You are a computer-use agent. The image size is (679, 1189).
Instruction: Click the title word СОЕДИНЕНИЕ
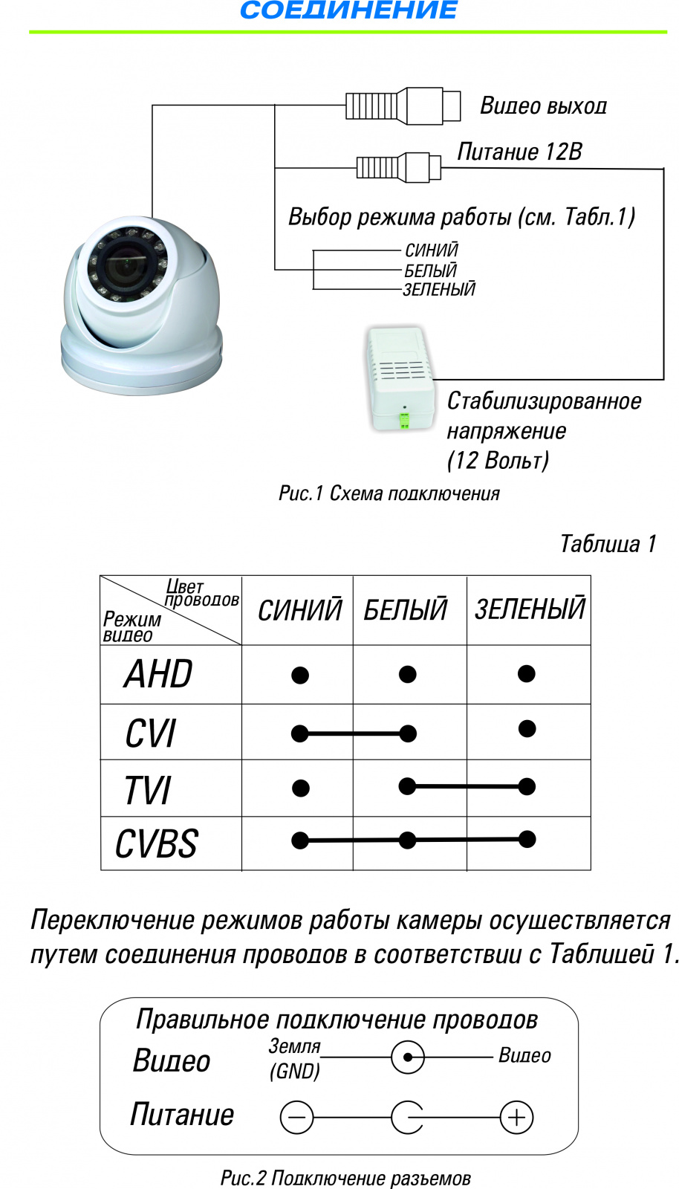pyautogui.click(x=348, y=10)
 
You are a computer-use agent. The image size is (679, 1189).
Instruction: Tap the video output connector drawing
pyautogui.click(x=403, y=106)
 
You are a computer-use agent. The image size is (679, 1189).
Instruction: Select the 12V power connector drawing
pyautogui.click(x=399, y=167)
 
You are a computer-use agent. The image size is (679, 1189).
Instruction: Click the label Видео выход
pyautogui.click(x=543, y=106)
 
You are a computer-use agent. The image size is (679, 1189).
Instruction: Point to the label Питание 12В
pyautogui.click(x=519, y=152)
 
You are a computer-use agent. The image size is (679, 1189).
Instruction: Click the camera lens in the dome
pyautogui.click(x=125, y=263)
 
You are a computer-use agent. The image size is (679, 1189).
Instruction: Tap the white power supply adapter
pyautogui.click(x=400, y=377)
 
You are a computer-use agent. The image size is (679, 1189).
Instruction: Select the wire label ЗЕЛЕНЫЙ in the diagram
pyautogui.click(x=439, y=290)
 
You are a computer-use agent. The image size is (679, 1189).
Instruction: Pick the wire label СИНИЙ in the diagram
pyautogui.click(x=432, y=250)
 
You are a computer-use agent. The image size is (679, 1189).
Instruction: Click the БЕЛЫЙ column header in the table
pyautogui.click(x=406, y=610)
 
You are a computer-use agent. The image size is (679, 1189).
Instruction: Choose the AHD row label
pyautogui.click(x=159, y=674)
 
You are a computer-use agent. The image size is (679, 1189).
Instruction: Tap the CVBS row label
pyautogui.click(x=157, y=844)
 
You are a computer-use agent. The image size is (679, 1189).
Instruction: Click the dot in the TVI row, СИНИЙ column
pyautogui.click(x=300, y=788)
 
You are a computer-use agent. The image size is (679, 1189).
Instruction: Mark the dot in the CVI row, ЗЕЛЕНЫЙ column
pyautogui.click(x=527, y=728)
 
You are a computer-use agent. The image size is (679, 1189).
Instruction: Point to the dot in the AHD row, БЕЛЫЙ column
pyautogui.click(x=407, y=674)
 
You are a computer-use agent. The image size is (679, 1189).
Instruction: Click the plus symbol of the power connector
pyautogui.click(x=517, y=1117)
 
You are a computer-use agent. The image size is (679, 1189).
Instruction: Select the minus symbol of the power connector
pyautogui.click(x=296, y=1118)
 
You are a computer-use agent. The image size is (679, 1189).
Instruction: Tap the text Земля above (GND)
pyautogui.click(x=294, y=1046)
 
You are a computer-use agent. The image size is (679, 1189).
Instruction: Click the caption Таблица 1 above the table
pyautogui.click(x=608, y=544)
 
